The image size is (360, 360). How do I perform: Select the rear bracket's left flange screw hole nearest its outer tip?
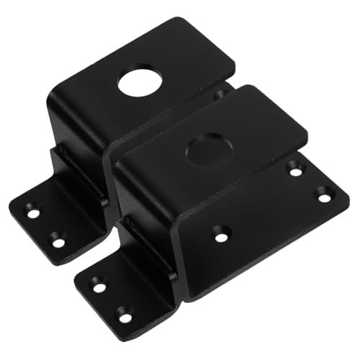[x=33, y=213]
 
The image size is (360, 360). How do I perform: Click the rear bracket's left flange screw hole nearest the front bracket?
[x=58, y=241]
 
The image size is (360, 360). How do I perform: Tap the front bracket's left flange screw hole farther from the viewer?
[x=99, y=287]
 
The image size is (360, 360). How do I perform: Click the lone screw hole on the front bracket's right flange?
[x=221, y=233]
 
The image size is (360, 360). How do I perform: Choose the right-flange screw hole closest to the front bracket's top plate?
[x=296, y=170]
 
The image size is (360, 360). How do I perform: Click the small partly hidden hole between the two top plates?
[x=219, y=94]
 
